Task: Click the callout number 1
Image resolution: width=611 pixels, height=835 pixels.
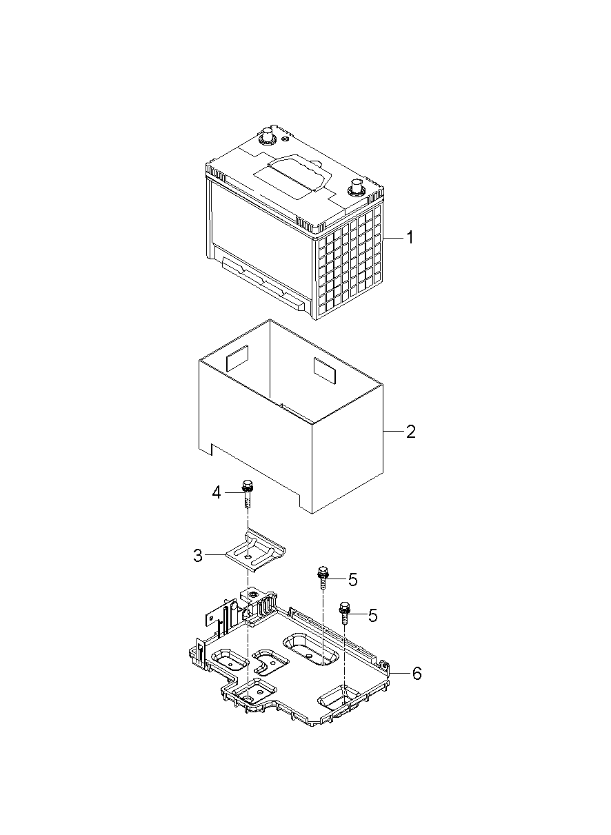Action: (x=410, y=238)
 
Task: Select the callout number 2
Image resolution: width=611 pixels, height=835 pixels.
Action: (x=410, y=432)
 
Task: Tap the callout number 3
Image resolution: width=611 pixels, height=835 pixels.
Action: (x=198, y=556)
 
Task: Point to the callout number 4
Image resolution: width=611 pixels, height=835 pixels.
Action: (x=216, y=492)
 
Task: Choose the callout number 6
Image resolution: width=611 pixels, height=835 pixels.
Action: (x=417, y=674)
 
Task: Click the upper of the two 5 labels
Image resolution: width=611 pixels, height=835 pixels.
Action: (x=352, y=580)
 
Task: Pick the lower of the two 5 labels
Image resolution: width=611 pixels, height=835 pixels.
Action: (x=372, y=616)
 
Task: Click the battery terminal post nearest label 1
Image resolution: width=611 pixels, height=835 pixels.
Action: (x=356, y=187)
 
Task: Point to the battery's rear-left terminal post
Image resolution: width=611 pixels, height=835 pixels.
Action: (x=266, y=135)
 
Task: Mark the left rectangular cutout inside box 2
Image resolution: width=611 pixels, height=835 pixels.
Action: (x=237, y=358)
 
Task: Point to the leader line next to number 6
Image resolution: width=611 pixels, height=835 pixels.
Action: (x=399, y=674)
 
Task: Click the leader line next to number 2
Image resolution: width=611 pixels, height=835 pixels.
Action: (x=392, y=432)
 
